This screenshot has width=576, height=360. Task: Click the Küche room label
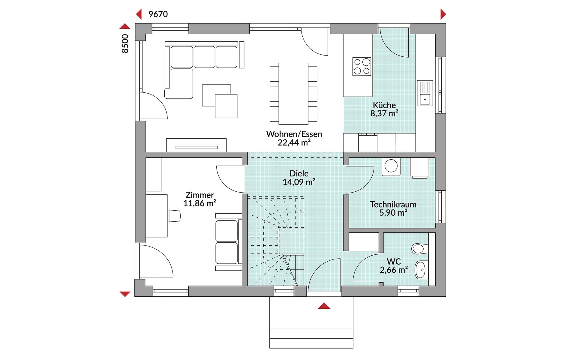tap(384, 105)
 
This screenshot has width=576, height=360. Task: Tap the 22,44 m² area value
tap(294, 142)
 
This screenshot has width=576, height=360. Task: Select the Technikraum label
tap(393, 205)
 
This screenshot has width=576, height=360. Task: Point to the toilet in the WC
tap(418, 248)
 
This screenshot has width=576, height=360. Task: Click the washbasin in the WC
tap(421, 270)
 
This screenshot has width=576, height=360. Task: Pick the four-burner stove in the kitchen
tap(362, 66)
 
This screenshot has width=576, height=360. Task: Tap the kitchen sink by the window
tap(425, 93)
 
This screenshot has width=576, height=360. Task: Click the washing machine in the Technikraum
tap(391, 166)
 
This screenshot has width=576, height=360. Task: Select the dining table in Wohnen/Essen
tap(293, 94)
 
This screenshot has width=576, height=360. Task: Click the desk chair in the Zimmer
tap(175, 216)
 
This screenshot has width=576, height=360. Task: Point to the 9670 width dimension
tap(158, 14)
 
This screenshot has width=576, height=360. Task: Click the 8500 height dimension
tap(125, 44)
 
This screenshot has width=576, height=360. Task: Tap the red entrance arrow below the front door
tap(324, 306)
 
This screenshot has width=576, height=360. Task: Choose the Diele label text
tap(299, 173)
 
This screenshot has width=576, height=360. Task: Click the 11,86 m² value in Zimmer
tap(200, 203)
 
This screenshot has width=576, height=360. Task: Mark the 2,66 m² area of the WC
tap(394, 270)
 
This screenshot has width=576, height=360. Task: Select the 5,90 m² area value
tap(393, 213)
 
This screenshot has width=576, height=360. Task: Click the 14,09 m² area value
tap(299, 182)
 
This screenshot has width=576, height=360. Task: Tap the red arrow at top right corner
tap(443, 14)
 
